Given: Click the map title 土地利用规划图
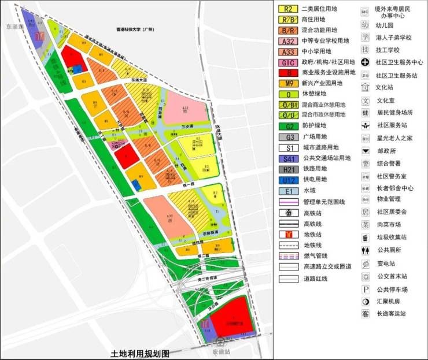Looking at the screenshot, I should pos(142,352).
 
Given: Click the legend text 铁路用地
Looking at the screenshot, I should pos(315,169).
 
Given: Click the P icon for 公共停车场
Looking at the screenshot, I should pos(365,289).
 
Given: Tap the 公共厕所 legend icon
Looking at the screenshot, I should pos(365,250).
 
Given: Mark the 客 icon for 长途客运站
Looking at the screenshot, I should pos(365,314).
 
